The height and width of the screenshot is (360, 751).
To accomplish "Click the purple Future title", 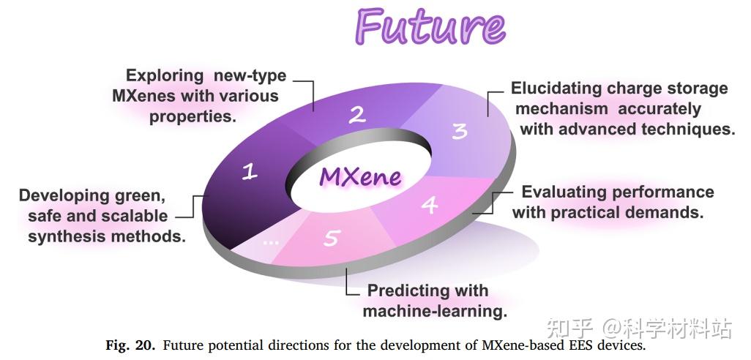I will (430, 26).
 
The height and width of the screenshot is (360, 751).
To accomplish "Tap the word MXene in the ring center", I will (359, 176).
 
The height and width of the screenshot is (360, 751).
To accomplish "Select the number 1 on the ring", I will (250, 172).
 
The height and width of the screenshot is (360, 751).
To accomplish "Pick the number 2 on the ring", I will (356, 114).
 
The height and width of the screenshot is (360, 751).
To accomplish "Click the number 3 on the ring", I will (459, 131).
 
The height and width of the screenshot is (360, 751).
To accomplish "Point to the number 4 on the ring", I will (430, 205).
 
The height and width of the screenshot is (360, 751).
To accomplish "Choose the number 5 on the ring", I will (332, 238).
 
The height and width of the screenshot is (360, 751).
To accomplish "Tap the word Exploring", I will (165, 75).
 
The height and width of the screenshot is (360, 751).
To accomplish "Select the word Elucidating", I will (556, 89).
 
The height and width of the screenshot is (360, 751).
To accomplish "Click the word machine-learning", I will (435, 311).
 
